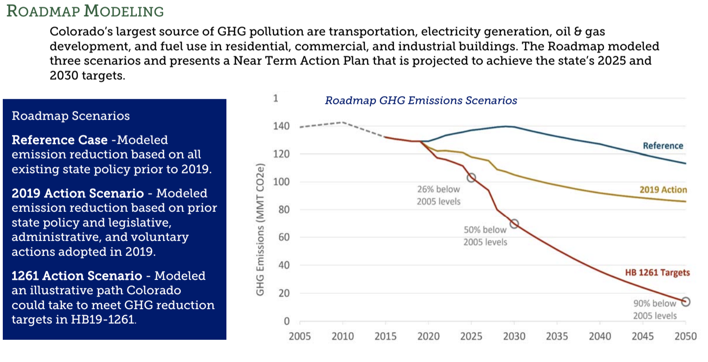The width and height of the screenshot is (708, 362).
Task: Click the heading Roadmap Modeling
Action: click(85, 11)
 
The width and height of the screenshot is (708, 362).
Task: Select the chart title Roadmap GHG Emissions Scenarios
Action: click(421, 100)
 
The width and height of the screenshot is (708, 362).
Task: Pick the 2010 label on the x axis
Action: click(342, 336)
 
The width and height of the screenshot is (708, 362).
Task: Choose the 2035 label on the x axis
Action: click(557, 336)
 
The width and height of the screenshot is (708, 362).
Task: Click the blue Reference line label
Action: click(663, 146)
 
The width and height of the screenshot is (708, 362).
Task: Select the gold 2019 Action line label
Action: click(663, 189)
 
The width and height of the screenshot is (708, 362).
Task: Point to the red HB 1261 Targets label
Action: click(657, 272)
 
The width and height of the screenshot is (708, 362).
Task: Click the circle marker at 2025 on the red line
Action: click(471, 178)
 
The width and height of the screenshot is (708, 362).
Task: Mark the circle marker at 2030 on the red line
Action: click(514, 224)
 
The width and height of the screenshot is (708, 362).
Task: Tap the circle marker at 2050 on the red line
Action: click(686, 302)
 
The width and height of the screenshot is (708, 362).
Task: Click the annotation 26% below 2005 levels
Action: click(438, 195)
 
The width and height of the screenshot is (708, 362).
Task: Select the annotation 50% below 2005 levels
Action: click(485, 236)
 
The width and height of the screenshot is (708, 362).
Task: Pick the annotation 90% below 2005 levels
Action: click(655, 310)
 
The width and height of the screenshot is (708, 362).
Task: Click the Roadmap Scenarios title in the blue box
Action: click(71, 116)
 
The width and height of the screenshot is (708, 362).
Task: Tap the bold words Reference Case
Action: click(60, 140)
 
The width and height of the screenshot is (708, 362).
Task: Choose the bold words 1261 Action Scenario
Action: click(77, 276)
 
